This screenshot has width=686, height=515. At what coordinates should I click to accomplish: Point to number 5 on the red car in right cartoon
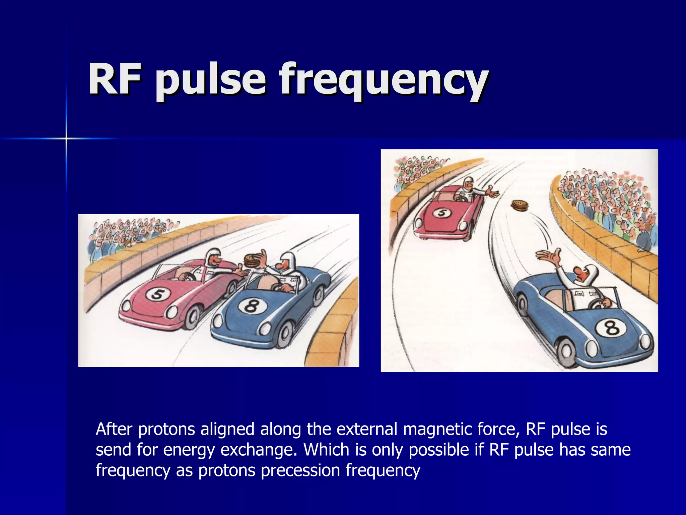click(441, 213)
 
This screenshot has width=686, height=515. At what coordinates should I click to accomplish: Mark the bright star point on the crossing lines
click(66, 138)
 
